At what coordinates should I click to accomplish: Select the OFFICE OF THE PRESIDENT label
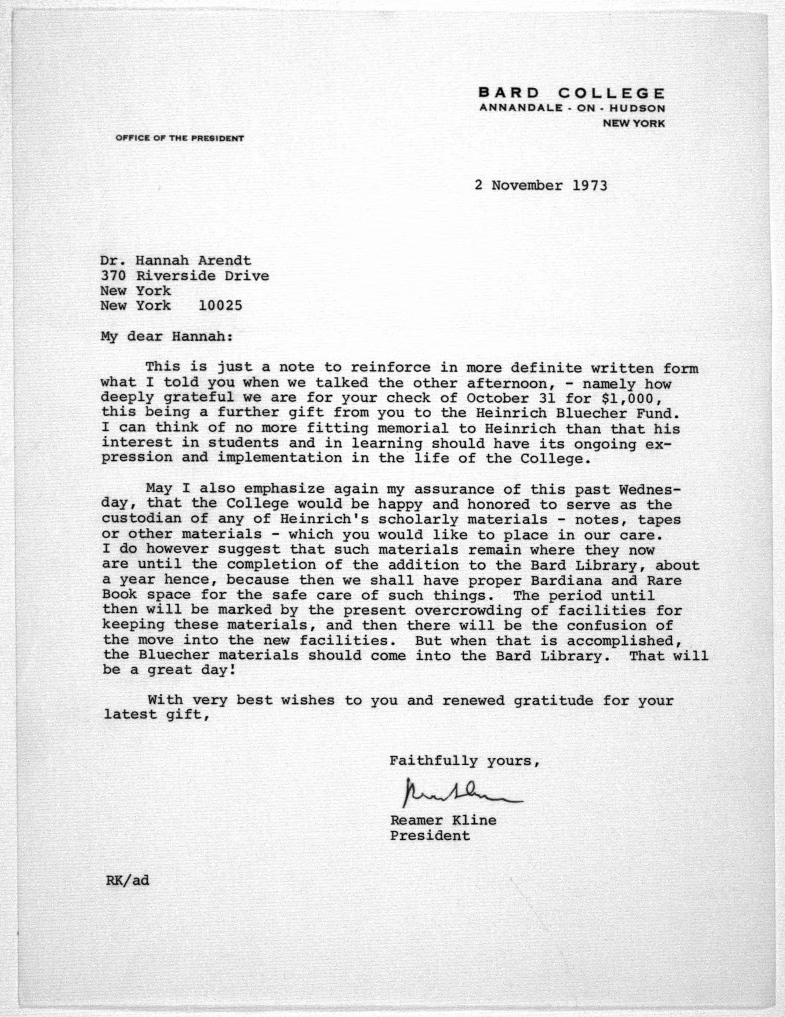[x=180, y=138]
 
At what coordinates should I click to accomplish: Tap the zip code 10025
[x=220, y=306]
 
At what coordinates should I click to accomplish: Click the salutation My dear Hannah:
[x=166, y=336]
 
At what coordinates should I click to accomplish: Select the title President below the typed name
[x=430, y=836]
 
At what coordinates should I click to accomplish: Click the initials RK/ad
[x=127, y=880]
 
